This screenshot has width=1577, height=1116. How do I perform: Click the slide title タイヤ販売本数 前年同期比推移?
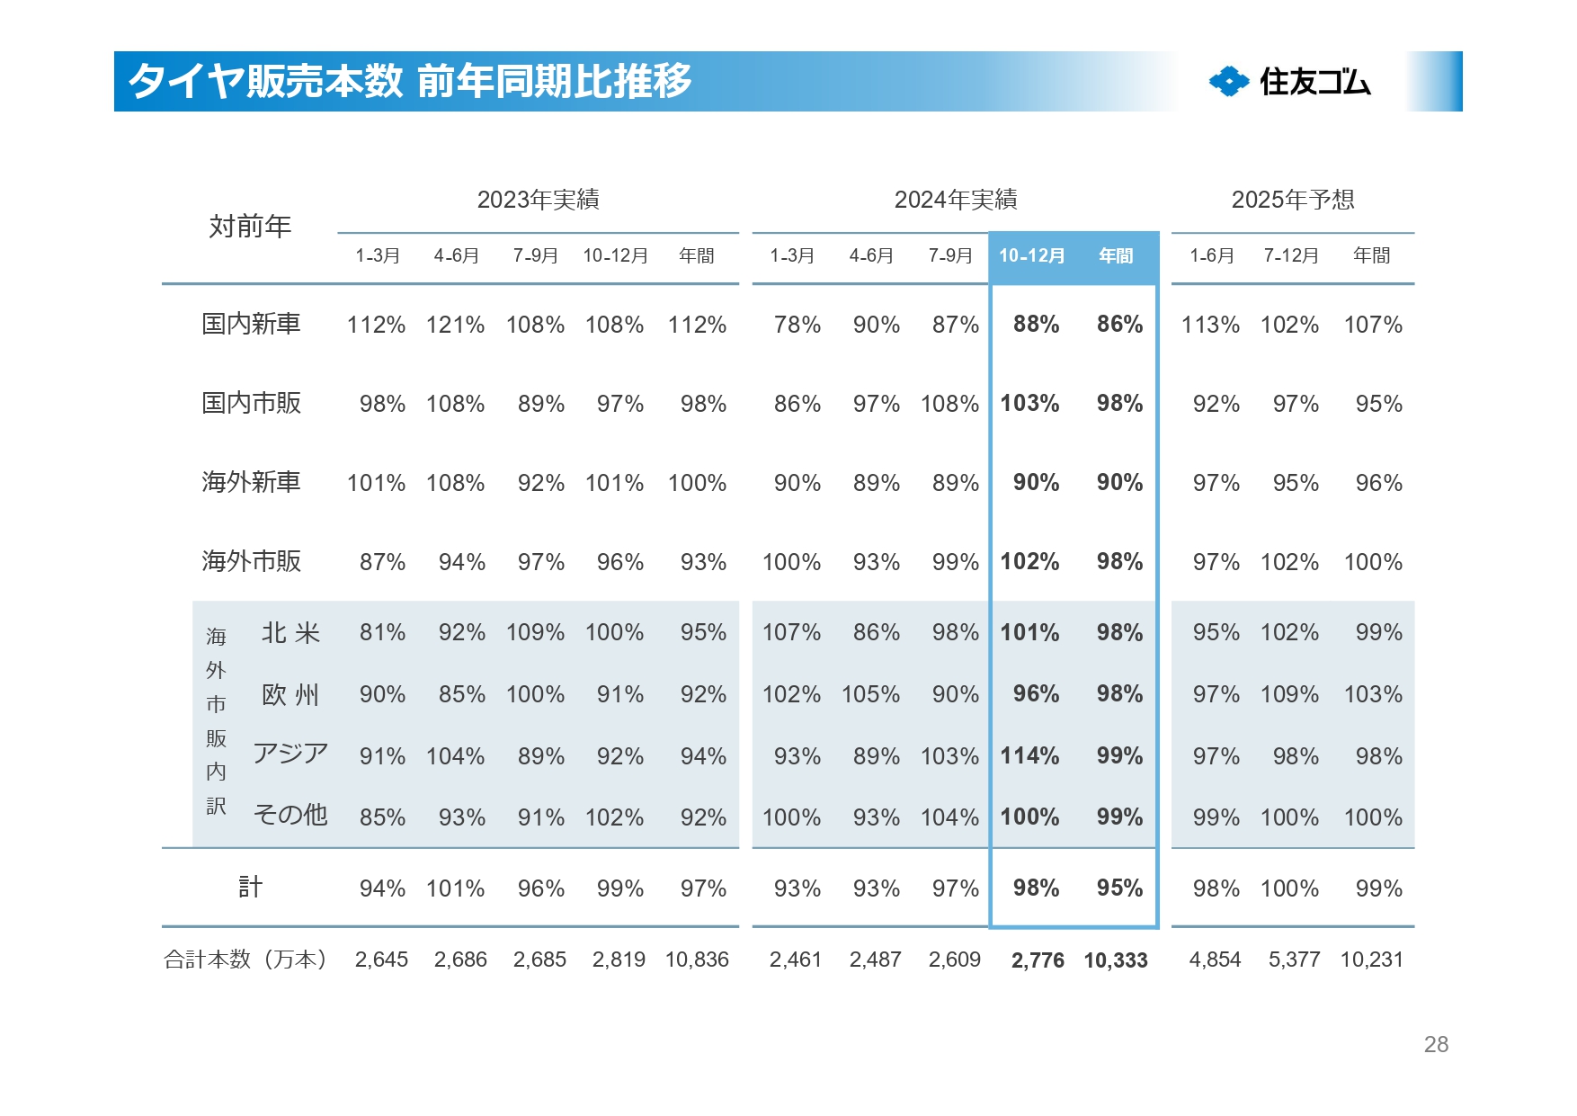pyautogui.click(x=410, y=81)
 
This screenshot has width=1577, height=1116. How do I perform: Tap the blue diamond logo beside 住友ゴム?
pyautogui.click(x=1228, y=82)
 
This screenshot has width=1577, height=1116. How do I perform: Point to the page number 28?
pyautogui.click(x=1436, y=1044)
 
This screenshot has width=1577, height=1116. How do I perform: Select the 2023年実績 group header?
pyautogui.click(x=538, y=200)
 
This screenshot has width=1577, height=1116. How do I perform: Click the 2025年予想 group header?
pyautogui.click(x=1292, y=200)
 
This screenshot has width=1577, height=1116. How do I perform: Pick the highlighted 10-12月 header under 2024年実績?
pyautogui.click(x=1031, y=256)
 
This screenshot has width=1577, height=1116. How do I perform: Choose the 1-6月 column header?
pyautogui.click(x=1211, y=256)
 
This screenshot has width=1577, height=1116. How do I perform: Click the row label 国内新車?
pyautogui.click(x=251, y=324)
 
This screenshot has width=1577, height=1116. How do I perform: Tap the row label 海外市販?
pyautogui.click(x=251, y=561)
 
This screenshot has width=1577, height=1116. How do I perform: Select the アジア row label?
pyautogui.click(x=290, y=754)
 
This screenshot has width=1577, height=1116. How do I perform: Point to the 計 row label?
pyautogui.click(x=250, y=888)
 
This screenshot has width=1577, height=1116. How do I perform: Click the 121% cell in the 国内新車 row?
pyautogui.click(x=455, y=325)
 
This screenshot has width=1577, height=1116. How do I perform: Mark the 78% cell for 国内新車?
pyautogui.click(x=797, y=325)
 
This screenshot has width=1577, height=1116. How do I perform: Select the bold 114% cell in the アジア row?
pyautogui.click(x=1029, y=756)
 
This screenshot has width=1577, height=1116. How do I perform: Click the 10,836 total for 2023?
pyautogui.click(x=697, y=960)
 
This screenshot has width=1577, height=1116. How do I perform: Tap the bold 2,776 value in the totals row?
pyautogui.click(x=1038, y=960)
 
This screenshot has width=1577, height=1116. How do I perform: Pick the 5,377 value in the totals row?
pyautogui.click(x=1294, y=960)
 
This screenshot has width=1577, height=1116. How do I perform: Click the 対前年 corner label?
pyautogui.click(x=250, y=227)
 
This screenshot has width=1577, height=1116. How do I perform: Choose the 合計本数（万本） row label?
pyautogui.click(x=245, y=960)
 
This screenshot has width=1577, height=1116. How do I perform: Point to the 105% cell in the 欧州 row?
pyautogui.click(x=870, y=694)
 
